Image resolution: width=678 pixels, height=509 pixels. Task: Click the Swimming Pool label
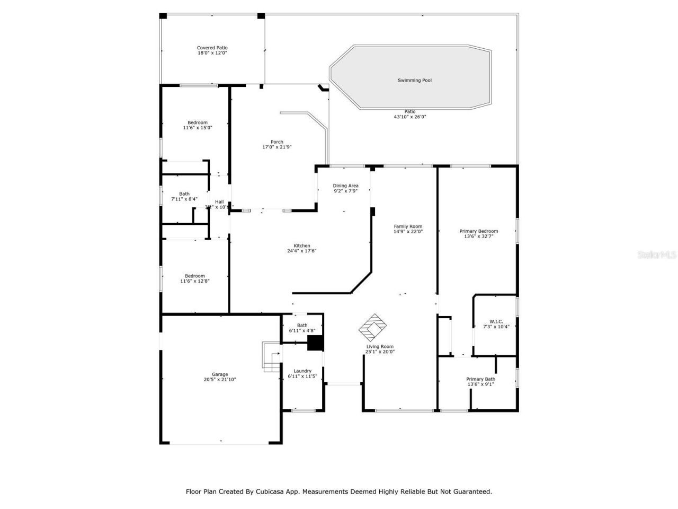point(415,81)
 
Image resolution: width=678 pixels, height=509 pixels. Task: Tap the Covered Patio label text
point(212,48)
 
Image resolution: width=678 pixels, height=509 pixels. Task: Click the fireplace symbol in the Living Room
point(374,327)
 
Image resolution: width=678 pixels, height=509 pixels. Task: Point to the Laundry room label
point(302,371)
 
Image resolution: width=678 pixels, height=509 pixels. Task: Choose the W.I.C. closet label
point(496,321)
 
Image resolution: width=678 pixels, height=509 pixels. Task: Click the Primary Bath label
point(480,379)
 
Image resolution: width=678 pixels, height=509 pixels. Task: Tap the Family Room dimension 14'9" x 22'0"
point(408,232)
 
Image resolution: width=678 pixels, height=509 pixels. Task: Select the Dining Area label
point(345,186)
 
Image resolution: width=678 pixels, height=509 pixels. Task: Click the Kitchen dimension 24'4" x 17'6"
point(302,251)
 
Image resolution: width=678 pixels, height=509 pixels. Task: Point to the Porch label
point(276,142)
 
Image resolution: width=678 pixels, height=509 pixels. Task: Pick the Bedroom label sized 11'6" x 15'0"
point(198,122)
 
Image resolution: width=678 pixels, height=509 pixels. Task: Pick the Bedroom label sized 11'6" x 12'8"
point(195,276)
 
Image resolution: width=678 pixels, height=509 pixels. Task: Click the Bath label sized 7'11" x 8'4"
point(184,194)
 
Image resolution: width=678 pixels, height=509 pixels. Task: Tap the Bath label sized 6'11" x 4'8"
point(302,326)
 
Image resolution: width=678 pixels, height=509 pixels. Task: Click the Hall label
point(219,201)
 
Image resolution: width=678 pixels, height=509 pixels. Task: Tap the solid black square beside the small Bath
point(315,344)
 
